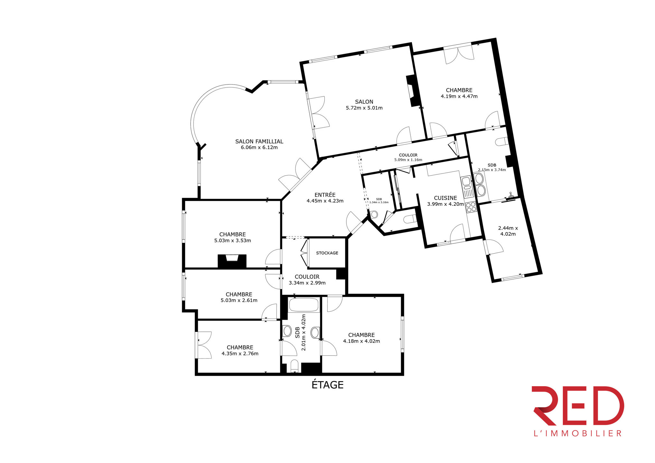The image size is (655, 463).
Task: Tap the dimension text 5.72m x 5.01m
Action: pos(364,108)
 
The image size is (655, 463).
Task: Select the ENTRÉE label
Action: pos(325,195)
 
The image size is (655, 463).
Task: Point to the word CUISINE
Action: pos(445,198)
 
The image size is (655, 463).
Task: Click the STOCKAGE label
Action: pos(327,253)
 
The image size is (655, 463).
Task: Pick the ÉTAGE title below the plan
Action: pos(327,385)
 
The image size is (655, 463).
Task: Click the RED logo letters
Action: pos(577,406)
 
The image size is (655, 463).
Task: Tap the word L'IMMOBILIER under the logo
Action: pos(577,433)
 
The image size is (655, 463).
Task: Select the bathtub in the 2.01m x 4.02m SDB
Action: pos(304,305)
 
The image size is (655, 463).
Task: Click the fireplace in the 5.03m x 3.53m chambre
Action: pos(232,261)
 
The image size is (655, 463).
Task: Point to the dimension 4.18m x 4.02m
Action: pos(361,341)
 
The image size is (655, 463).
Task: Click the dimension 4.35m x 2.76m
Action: pos(240,354)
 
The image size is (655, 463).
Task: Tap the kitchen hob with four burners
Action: pos(471,207)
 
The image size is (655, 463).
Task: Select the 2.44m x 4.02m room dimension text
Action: pos(508,231)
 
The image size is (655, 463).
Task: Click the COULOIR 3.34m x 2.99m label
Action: pos(307,280)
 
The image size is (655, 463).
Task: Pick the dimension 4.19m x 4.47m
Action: pos(459,96)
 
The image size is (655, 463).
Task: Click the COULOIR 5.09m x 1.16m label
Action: pos(408,157)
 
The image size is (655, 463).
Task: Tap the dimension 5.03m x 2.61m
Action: pos(239,301)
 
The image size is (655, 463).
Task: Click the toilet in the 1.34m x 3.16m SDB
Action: pos(374,214)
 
